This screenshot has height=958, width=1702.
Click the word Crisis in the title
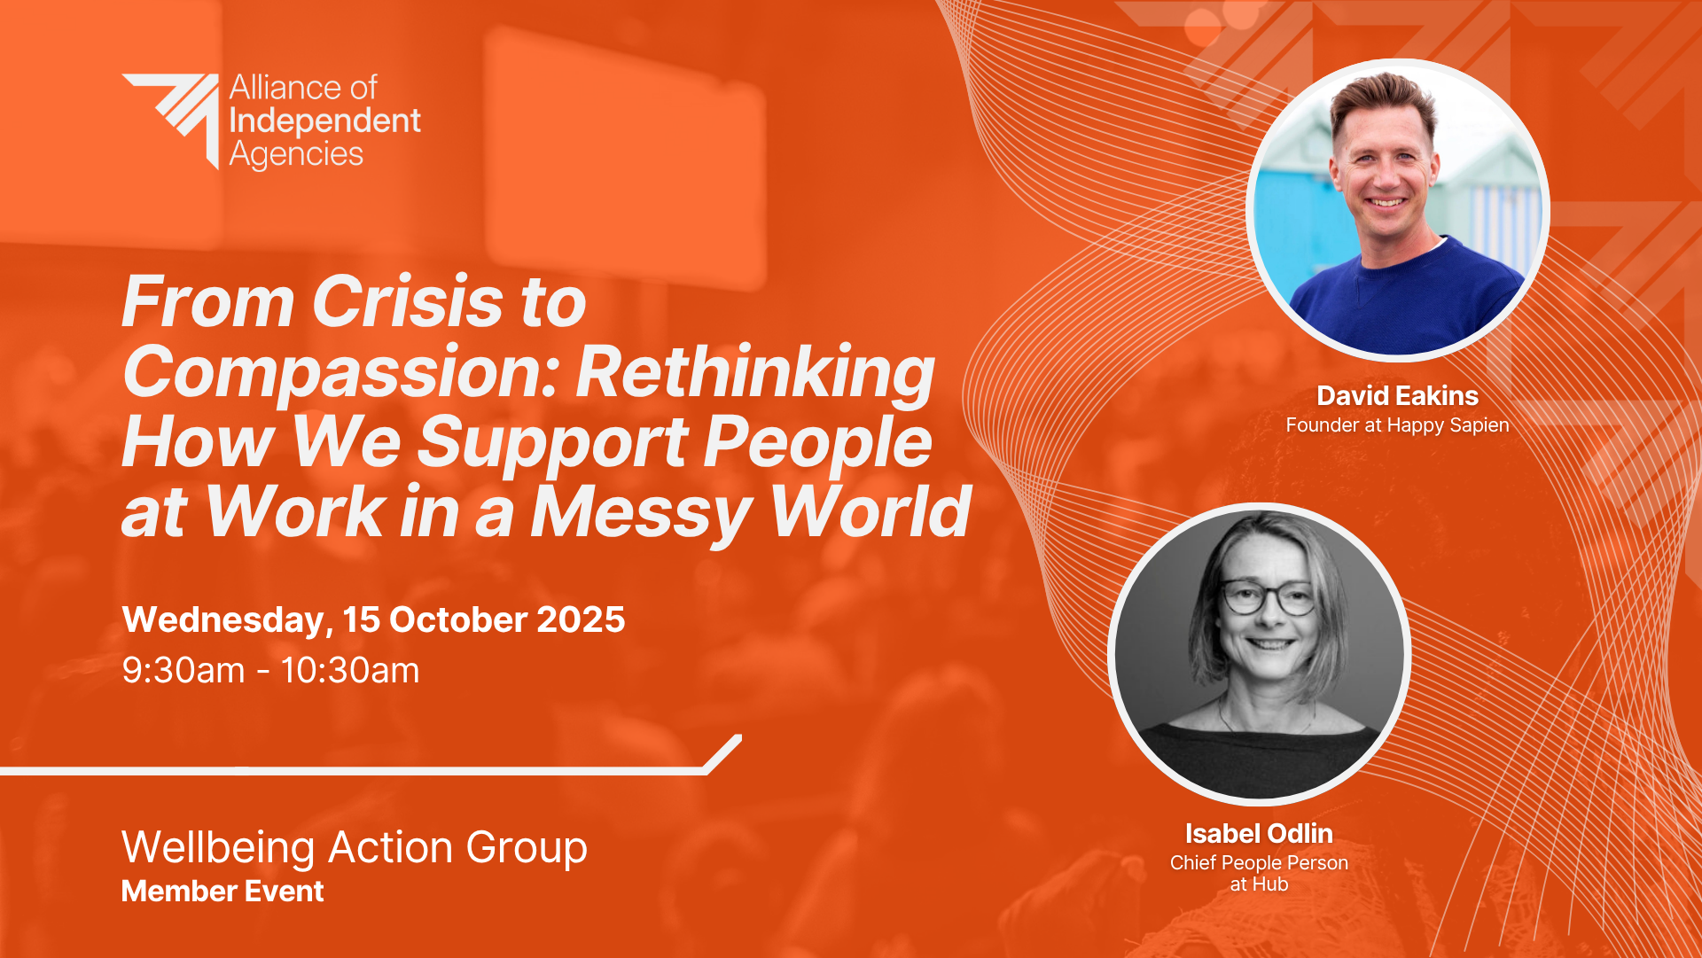pos(408,301)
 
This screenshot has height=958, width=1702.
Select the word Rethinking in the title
pos(756,372)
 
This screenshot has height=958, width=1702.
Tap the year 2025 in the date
pos(581,619)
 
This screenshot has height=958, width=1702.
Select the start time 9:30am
pos(183,671)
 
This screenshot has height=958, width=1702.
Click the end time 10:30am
pos(350,671)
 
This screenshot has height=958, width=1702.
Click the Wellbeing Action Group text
pos(355,848)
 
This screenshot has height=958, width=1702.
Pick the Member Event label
pos(223,892)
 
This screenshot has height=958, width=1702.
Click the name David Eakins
pos(1398,396)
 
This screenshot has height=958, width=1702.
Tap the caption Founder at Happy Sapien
pos(1398,425)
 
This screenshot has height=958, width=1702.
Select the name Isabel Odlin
pos(1259,834)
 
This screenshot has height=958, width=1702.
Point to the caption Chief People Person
pos(1259,863)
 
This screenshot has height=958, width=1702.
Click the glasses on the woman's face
pos(1269,598)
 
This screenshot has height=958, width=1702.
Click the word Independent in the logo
pos(325,121)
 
